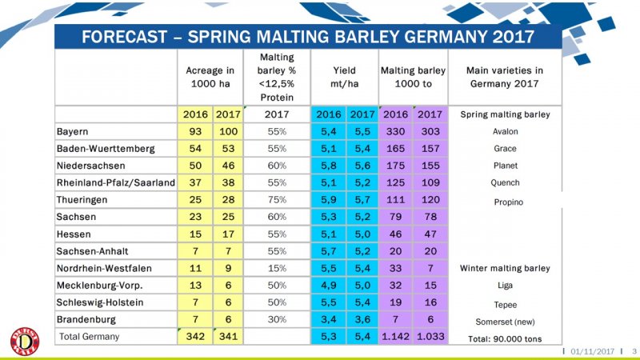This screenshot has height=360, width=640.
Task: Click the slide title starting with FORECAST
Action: [308, 38]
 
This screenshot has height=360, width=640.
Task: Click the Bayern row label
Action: [72, 131]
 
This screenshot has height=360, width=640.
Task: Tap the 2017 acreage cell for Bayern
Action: [229, 131]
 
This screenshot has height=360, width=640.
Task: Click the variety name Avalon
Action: [504, 131]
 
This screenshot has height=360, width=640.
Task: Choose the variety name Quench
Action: [504, 182]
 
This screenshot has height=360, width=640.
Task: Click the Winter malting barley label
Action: [504, 268]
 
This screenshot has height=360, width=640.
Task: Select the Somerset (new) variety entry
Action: [504, 320]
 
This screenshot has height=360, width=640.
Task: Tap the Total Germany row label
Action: [88, 337]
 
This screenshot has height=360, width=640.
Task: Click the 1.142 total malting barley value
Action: [395, 337]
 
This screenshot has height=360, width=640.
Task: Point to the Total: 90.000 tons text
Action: [504, 338]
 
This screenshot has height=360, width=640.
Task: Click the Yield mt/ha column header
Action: [344, 77]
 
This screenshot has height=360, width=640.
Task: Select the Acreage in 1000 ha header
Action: [210, 77]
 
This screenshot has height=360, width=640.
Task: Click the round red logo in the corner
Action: [25, 339]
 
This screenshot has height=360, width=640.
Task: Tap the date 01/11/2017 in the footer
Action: [592, 352]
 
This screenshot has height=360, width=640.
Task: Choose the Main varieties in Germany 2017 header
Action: [504, 77]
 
